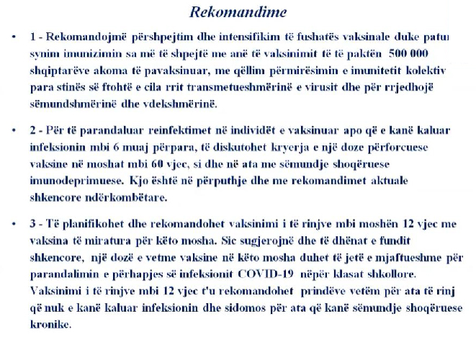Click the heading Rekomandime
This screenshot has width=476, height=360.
[238, 12]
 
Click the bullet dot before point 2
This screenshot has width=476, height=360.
[13, 130]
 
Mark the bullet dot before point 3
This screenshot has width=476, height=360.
[13, 224]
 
